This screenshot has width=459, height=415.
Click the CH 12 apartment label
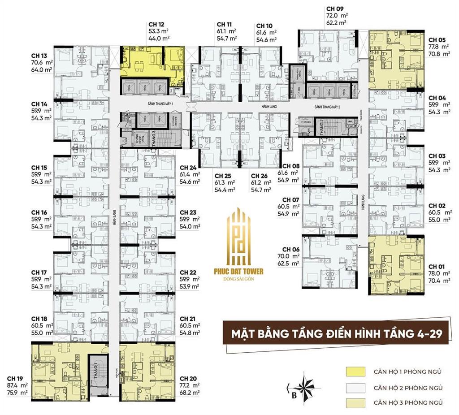(x=156, y=24)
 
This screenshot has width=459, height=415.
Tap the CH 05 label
(x=437, y=39)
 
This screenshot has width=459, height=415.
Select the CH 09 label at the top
(x=335, y=8)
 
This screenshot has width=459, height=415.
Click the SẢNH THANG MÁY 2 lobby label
(x=328, y=107)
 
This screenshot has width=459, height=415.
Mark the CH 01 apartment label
(x=437, y=267)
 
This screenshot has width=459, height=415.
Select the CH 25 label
(x=223, y=176)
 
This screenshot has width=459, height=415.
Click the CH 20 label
(x=188, y=378)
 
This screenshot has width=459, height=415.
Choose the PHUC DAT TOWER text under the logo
(x=245, y=271)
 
